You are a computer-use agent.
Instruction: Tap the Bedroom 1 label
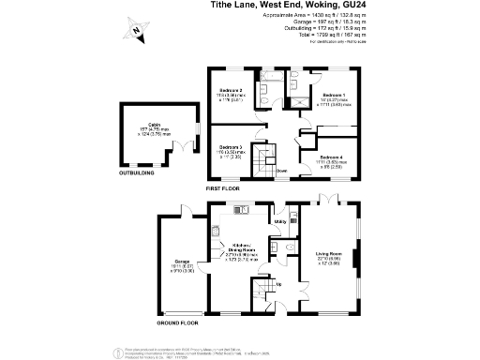coord(334,96)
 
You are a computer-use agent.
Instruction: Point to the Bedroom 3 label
coord(231,147)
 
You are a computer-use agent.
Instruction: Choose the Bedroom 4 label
coord(330,156)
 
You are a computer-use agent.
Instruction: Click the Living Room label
coord(328,254)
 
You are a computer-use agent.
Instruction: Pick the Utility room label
coord(279,221)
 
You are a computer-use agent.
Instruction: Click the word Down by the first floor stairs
coord(280,171)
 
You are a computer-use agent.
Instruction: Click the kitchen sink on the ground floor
coord(218,225)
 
